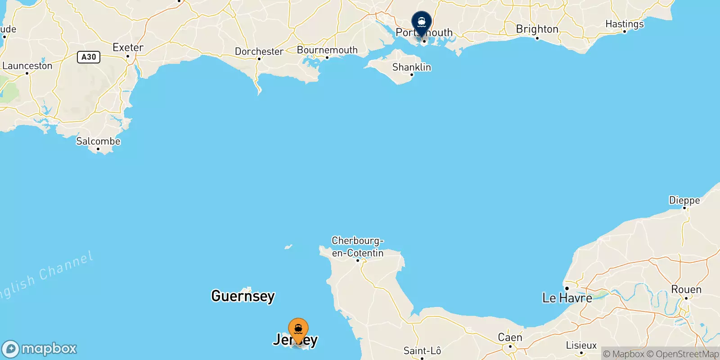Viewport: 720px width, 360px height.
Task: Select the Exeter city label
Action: coord(128,47)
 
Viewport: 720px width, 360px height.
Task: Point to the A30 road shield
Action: coord(89,57)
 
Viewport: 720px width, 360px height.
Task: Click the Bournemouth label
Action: coord(327,50)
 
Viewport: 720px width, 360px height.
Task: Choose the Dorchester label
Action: coord(259,51)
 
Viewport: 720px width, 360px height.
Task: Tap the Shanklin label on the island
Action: coord(411,67)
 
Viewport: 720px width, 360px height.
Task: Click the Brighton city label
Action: coord(537,29)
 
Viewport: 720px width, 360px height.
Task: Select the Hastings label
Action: coord(624,24)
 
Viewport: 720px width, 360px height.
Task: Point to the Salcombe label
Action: coord(98,141)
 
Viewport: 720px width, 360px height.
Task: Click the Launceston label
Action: coord(27,66)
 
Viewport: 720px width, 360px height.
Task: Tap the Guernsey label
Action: coord(243,296)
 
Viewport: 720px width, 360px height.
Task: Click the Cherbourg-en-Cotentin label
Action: coord(358,247)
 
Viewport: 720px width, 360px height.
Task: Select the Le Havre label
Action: coord(567,298)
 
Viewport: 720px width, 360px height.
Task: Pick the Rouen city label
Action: coord(686,289)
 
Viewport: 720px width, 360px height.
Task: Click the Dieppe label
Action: coord(684,200)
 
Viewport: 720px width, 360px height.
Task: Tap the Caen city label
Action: coord(510,337)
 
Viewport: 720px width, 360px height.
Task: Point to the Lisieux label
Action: coord(581,346)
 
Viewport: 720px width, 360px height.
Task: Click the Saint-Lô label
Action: coord(422,351)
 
